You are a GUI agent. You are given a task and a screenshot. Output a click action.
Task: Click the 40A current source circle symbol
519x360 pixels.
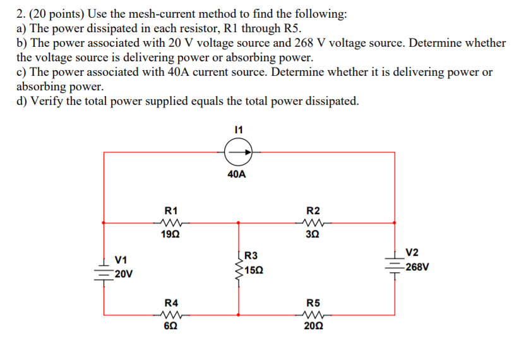(x=239, y=152)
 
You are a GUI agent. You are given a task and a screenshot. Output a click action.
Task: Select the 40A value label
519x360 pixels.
(x=237, y=174)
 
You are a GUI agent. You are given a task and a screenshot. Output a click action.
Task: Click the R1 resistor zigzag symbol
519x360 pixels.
(x=171, y=222)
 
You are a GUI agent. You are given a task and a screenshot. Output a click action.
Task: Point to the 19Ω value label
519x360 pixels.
(x=171, y=234)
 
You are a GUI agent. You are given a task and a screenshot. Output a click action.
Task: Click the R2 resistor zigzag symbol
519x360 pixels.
(x=313, y=222)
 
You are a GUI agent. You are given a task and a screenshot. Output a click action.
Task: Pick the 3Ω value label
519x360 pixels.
(x=313, y=234)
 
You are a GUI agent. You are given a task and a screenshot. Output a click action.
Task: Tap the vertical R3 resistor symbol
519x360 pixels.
(x=238, y=267)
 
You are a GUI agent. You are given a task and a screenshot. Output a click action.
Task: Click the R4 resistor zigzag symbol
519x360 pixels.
(x=171, y=314)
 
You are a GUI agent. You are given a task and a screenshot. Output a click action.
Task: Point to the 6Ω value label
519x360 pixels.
(x=171, y=326)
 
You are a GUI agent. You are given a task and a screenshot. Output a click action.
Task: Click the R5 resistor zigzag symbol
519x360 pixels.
(x=313, y=314)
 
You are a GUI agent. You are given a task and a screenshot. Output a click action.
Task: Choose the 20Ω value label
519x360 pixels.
(x=313, y=326)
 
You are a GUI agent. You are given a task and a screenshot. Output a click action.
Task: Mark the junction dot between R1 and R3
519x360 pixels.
(x=238, y=222)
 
